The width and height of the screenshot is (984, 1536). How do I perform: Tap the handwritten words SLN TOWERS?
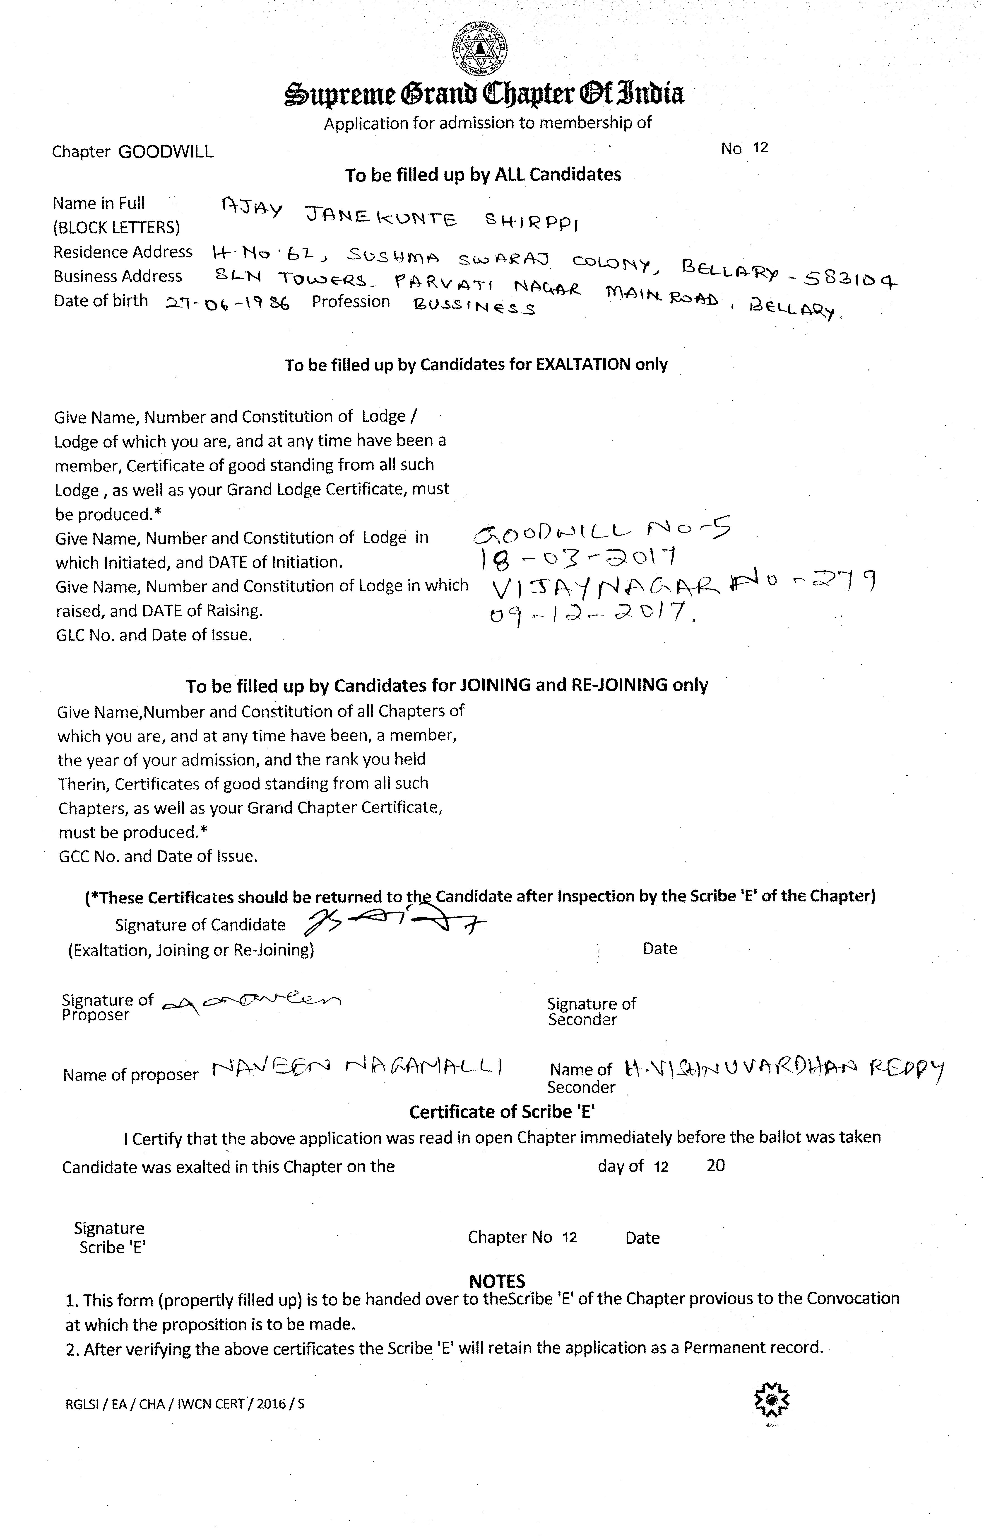pyautogui.click(x=291, y=277)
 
